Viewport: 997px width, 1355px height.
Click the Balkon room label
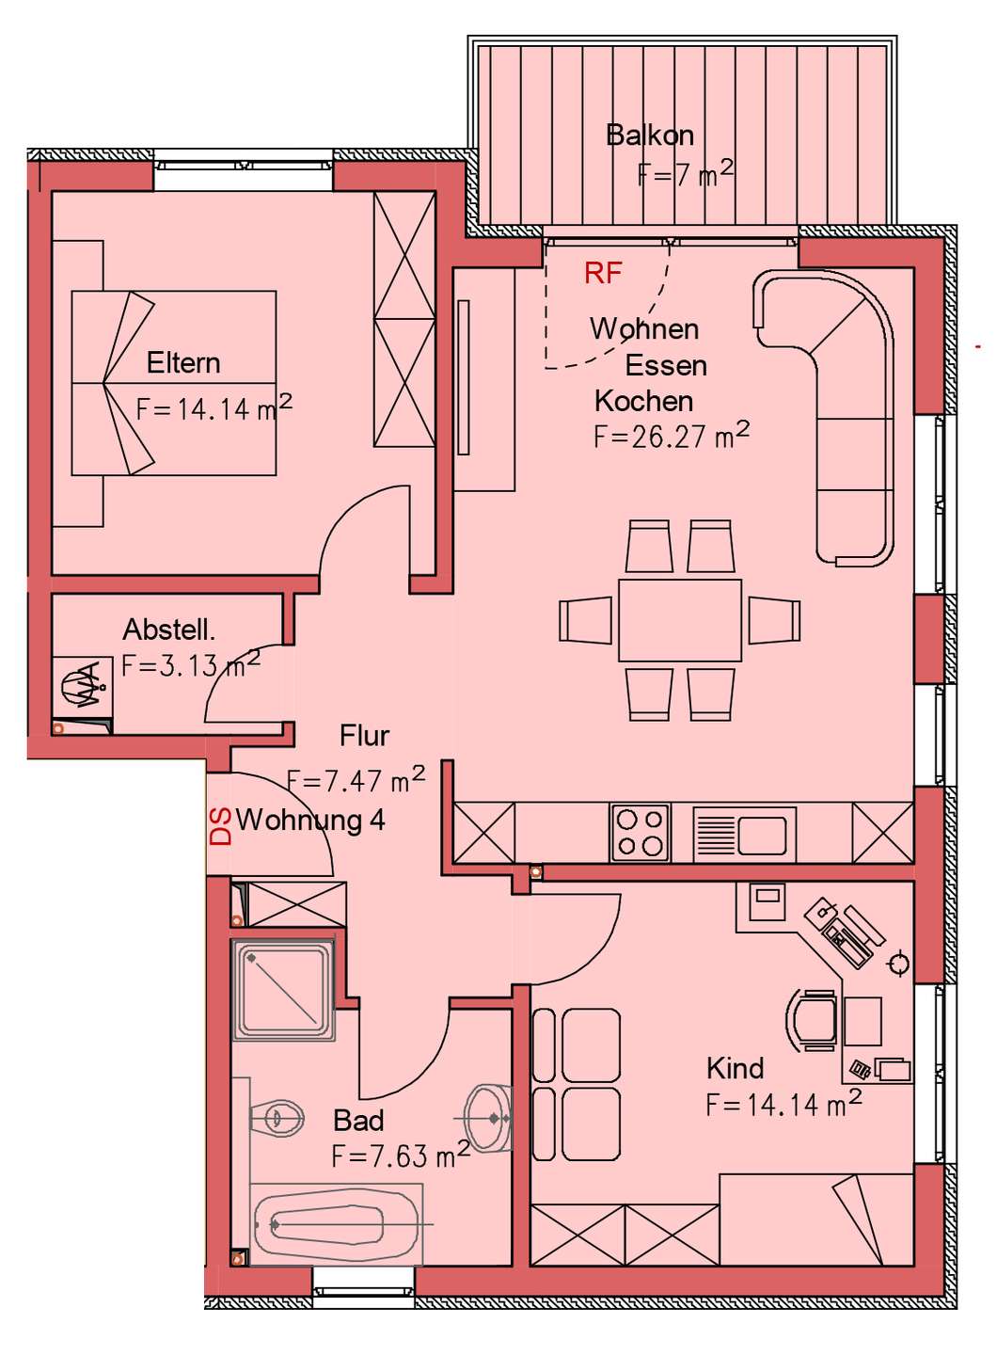[x=650, y=135]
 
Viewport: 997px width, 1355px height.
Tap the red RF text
[x=603, y=274]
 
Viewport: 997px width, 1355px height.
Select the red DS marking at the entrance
[x=221, y=826]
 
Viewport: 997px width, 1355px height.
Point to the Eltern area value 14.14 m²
[x=214, y=408]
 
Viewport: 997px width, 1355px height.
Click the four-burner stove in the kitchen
[x=641, y=832]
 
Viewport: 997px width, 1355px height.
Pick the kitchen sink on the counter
[x=744, y=833]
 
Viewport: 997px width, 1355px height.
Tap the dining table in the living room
[x=680, y=620]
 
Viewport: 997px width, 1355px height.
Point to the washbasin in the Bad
[x=489, y=1118]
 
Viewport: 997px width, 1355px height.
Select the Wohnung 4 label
[x=310, y=821]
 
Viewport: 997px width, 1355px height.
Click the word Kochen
[x=643, y=401]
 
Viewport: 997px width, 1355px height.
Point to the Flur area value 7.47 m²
[x=356, y=780]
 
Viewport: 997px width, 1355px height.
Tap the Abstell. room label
[x=168, y=630]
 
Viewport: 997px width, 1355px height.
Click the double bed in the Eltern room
[x=174, y=383]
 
